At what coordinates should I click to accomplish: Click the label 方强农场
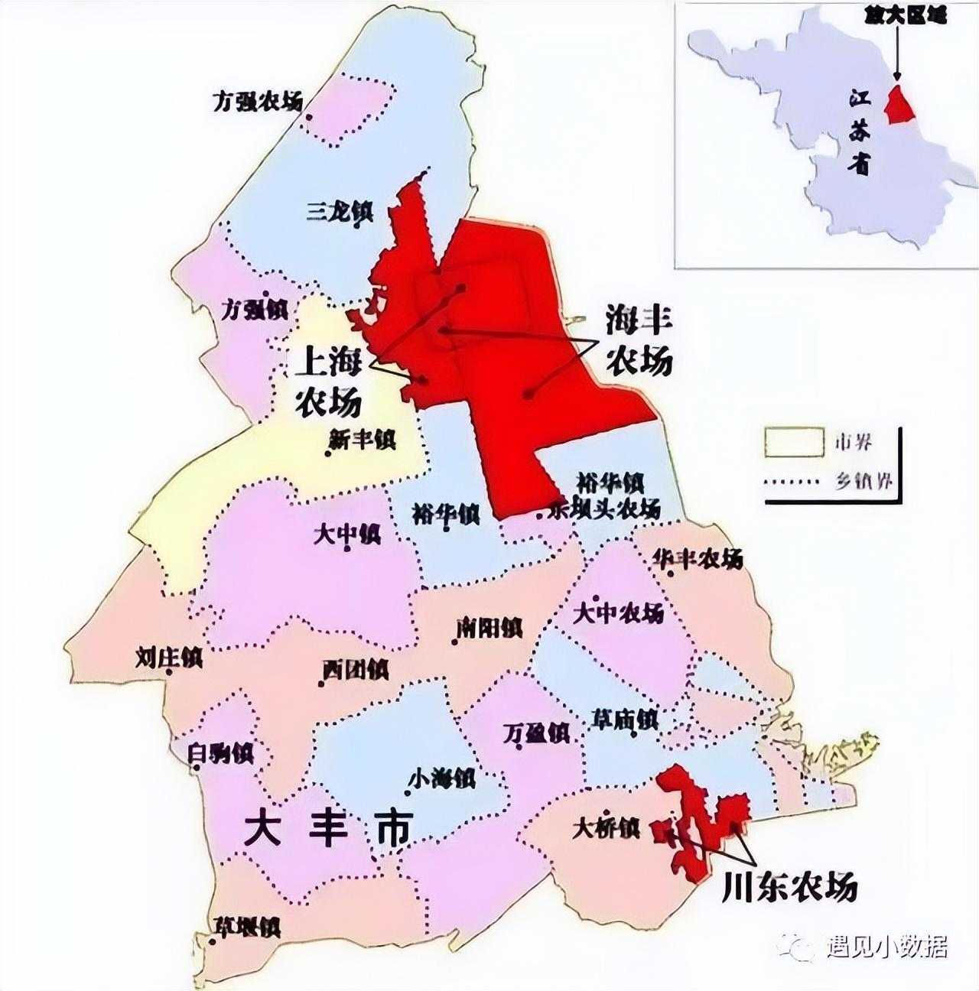258,102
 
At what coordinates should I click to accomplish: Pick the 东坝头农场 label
604,510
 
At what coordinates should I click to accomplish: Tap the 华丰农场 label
698,559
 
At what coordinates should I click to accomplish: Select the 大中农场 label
619,613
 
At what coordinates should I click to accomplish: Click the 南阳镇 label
489,629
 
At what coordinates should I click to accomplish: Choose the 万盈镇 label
537,733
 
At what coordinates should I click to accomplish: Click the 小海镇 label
442,779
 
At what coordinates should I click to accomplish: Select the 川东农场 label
789,888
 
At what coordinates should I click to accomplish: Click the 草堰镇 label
247,928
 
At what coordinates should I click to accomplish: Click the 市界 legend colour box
794,442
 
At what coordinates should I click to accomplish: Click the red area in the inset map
900,106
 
